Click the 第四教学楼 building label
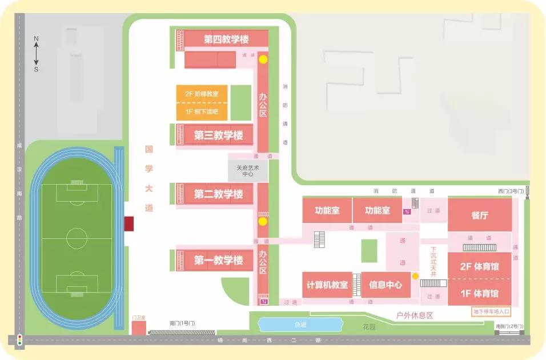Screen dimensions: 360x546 (x=227, y=40)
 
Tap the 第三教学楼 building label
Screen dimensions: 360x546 (x=218, y=135)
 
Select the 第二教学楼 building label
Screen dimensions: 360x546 (x=218, y=194)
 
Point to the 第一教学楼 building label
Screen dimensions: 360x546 (x=218, y=261)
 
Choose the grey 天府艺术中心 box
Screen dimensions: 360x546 (x=248, y=171)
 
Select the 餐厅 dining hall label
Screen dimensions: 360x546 (x=480, y=215)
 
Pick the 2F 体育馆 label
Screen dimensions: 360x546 (x=480, y=266)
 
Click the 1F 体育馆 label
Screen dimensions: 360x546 (x=480, y=294)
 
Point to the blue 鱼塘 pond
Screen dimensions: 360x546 (x=300, y=325)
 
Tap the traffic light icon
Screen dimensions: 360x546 (x=19, y=340)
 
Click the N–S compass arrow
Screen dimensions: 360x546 (x=36, y=54)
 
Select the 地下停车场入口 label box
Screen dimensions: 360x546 (x=491, y=312)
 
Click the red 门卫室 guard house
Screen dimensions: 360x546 (x=139, y=328)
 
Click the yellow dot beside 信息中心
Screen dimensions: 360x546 (x=416, y=276)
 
